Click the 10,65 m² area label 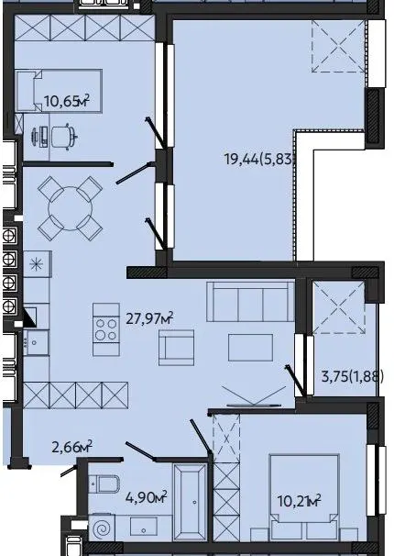67,101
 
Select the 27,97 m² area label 149,318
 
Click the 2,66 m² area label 71,447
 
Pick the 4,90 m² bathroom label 147,497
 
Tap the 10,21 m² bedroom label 299,501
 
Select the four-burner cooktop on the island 106,329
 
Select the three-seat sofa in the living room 251,302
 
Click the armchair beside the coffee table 176,348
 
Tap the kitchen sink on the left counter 36,342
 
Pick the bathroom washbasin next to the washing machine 144,527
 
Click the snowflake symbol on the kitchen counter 36,264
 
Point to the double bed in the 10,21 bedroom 303,496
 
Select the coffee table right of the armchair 251,348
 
